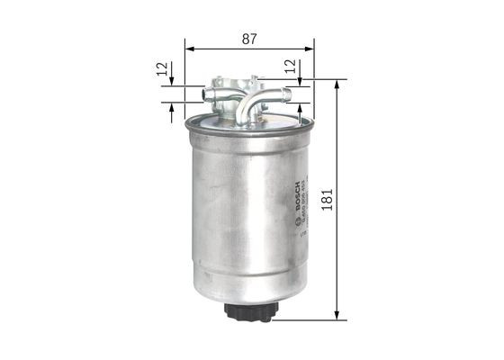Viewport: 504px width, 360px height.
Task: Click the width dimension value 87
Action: pos(249,39)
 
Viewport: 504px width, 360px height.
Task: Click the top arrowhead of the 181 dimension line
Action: pos(336,84)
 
